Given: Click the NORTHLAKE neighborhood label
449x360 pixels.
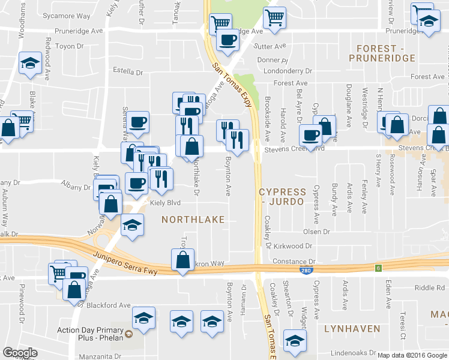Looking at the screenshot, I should pos(193,220).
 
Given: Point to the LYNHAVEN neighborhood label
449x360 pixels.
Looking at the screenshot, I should pos(352,328).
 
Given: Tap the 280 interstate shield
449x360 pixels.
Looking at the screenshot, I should pos(306,271).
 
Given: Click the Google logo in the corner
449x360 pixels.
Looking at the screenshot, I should pos(20,353).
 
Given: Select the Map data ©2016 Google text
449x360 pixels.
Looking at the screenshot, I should pos(412,355).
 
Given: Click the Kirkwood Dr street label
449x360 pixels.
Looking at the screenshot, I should pos(293,246).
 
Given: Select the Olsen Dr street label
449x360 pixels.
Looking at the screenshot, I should pos(317,232).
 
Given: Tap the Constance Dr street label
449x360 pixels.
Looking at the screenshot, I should pos(294,262).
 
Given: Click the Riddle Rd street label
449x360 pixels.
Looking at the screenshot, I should pos(428,287).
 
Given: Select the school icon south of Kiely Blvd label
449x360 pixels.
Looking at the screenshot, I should pos(132,226).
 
